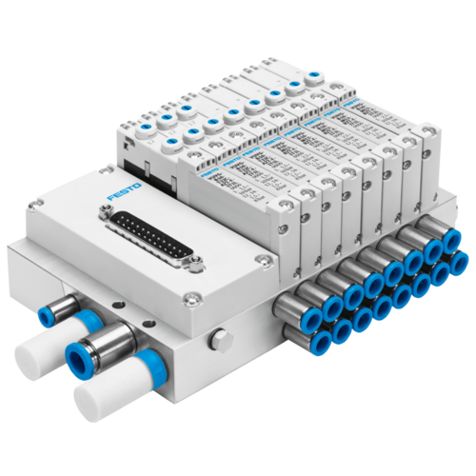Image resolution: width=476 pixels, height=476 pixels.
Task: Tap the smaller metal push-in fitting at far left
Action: (x=47, y=310)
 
